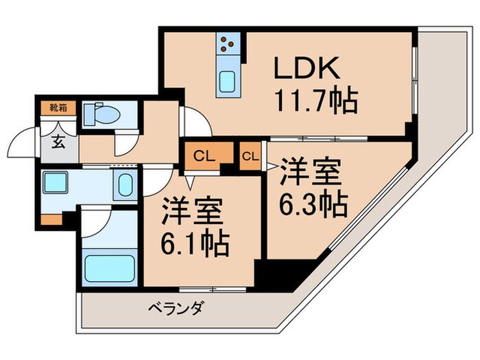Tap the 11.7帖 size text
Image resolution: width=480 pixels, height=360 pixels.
(x=316, y=103)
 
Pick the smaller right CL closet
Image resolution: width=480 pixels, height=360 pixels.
(x=250, y=156)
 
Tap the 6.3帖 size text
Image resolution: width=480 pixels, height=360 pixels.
(x=313, y=202)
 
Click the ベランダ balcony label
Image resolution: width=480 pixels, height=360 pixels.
(x=176, y=309)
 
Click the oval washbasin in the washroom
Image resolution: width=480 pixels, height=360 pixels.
(x=124, y=185)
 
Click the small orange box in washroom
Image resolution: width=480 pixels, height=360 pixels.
(x=51, y=219)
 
